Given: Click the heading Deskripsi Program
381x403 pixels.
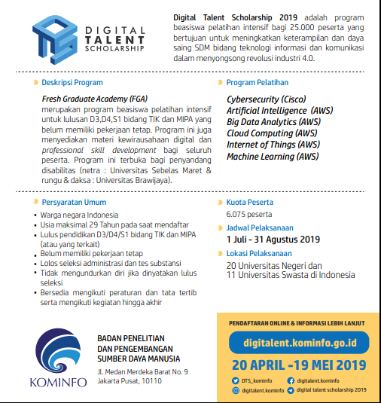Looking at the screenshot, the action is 73,81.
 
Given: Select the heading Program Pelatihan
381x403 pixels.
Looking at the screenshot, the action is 258,81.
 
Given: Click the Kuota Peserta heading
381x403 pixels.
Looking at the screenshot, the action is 252,203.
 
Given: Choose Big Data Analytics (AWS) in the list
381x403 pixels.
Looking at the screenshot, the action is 273,121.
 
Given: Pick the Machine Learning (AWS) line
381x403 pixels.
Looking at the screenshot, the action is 273,156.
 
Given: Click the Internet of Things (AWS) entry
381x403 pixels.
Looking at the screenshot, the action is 273,145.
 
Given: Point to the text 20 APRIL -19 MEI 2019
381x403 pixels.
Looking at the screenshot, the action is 299,364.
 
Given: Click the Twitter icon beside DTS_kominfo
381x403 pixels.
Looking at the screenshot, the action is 237,380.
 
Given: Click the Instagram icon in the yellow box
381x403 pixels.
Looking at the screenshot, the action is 237,389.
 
